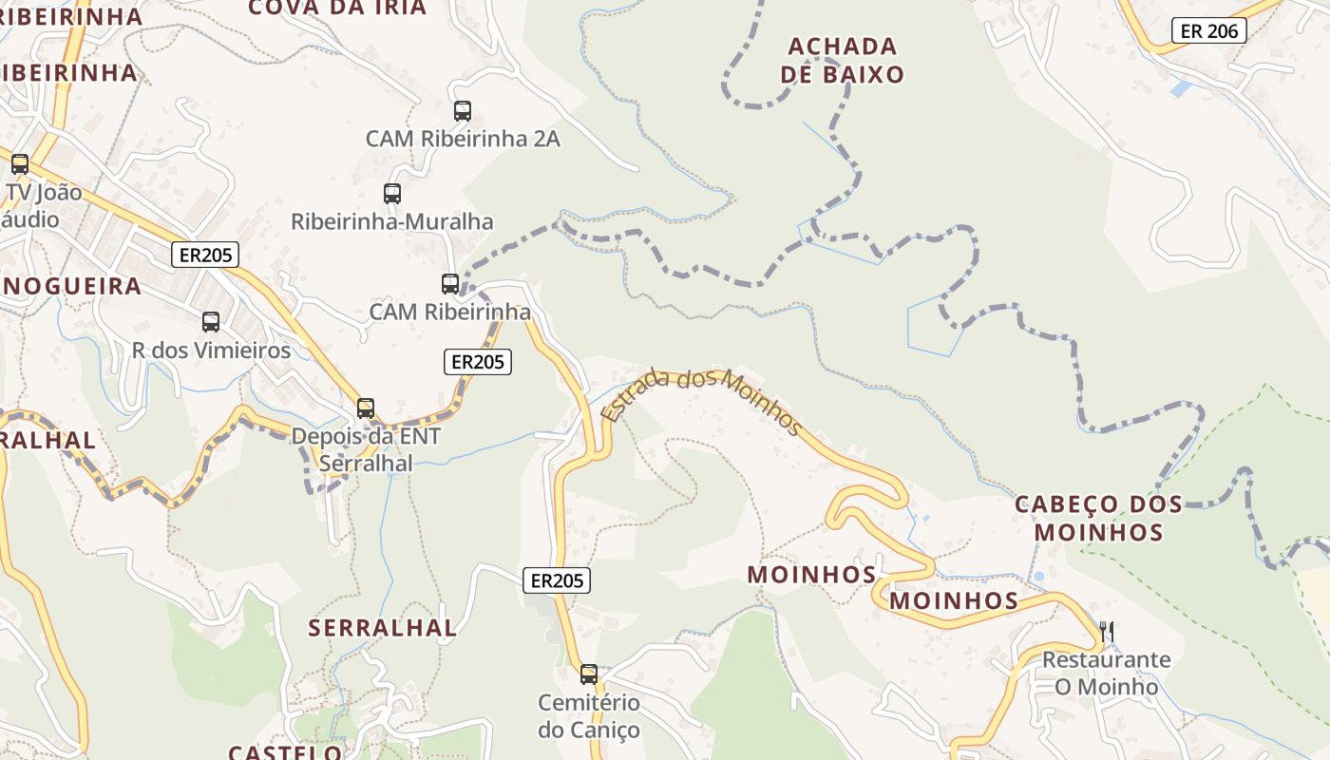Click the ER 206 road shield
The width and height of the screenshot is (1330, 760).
(x=1208, y=30)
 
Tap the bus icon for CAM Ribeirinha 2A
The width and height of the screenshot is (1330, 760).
(x=463, y=111)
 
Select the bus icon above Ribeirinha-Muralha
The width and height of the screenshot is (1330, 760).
(x=392, y=194)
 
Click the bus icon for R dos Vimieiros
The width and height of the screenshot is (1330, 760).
(x=211, y=322)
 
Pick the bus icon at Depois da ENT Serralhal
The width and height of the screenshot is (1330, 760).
(x=366, y=408)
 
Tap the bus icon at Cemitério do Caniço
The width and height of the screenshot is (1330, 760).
(x=589, y=674)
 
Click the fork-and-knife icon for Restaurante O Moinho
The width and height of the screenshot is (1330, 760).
(x=1106, y=631)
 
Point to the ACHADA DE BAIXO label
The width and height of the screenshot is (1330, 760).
(x=843, y=60)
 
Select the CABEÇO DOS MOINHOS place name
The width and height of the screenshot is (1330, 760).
(x=1099, y=518)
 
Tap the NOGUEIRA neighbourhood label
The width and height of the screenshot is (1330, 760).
(x=71, y=286)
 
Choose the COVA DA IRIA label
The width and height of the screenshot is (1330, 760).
(x=337, y=9)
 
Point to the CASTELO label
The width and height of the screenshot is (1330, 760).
(x=285, y=751)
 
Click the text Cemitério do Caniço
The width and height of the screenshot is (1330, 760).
(x=589, y=716)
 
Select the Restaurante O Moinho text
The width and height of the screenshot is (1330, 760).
(x=1107, y=673)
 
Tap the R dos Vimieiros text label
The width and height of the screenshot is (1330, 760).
(x=211, y=351)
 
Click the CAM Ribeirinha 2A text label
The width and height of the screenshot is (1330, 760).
(x=463, y=139)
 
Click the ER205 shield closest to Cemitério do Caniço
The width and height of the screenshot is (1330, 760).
(x=557, y=580)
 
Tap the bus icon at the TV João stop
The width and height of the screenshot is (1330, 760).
(x=20, y=163)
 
